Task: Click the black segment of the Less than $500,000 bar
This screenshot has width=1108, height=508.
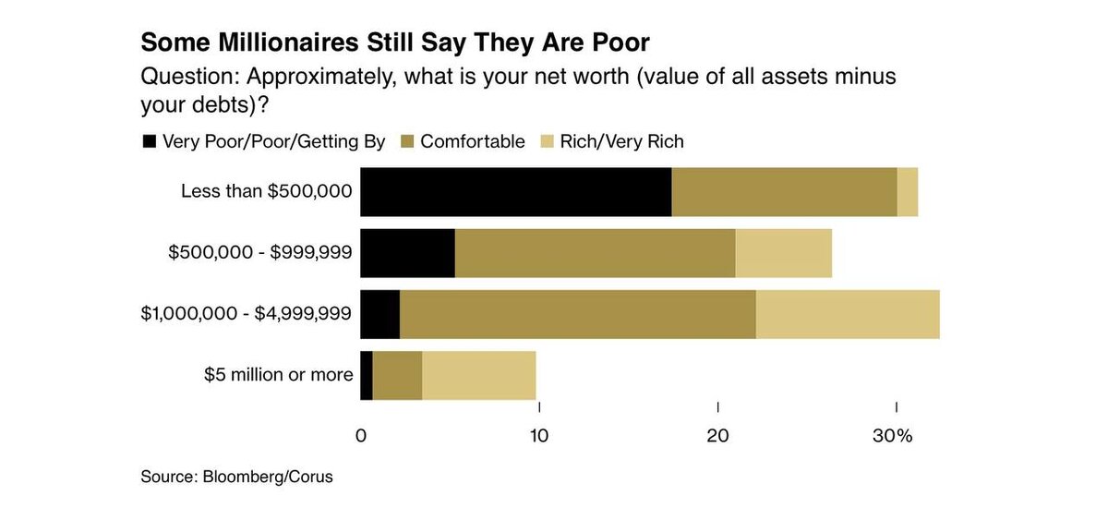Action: point(515,192)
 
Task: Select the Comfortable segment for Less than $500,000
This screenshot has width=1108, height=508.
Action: point(784,192)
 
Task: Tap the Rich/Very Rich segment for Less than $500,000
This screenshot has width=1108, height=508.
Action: point(908,192)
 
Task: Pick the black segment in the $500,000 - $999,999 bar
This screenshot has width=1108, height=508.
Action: point(407,253)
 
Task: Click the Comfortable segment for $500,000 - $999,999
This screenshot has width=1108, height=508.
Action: point(595,253)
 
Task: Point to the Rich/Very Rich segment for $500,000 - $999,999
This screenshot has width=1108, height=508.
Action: point(784,253)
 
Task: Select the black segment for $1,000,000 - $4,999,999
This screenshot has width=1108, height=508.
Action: point(379,314)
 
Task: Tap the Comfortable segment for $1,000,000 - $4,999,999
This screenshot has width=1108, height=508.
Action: point(578,314)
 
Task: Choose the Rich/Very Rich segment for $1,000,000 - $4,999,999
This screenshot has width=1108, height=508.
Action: point(848,314)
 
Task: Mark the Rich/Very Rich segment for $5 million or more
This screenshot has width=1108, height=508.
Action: point(479,375)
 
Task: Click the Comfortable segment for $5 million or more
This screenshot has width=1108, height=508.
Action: point(397,375)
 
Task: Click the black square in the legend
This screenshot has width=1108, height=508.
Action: point(148,141)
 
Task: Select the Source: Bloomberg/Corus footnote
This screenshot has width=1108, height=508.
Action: point(236,478)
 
